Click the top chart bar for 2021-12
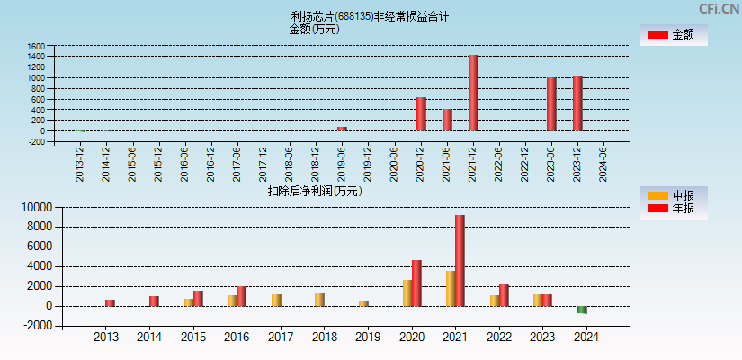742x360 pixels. tap(473, 93)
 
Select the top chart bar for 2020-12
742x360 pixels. tap(421, 113)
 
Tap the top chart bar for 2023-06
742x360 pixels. tap(551, 103)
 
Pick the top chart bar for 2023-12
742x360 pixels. tap(577, 103)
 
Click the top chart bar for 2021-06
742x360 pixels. tap(447, 120)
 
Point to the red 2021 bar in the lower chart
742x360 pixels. tap(460, 260)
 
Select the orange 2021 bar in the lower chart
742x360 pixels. tap(450, 288)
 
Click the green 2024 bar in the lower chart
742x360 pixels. tap(582, 310)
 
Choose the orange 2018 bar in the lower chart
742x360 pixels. tap(319, 299)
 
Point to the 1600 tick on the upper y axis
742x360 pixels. tap(35, 45)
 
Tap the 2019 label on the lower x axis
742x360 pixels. tap(368, 337)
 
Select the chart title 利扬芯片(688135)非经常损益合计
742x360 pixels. tap(370, 16)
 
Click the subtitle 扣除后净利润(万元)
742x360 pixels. tap(315, 191)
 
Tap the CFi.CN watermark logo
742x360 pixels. tap(719, 9)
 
